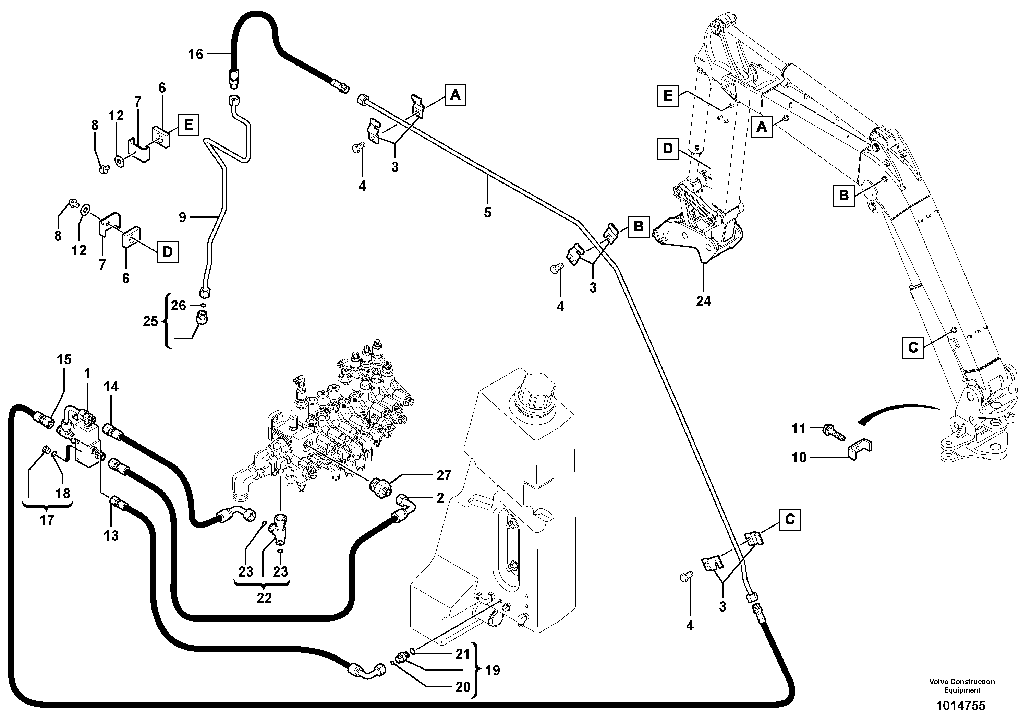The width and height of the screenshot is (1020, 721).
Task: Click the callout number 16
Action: click(x=195, y=54)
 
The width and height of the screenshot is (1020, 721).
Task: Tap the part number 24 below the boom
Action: click(x=703, y=302)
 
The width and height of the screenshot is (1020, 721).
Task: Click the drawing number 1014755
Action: click(x=960, y=706)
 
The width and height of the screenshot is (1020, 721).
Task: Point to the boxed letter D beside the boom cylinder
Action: click(x=668, y=149)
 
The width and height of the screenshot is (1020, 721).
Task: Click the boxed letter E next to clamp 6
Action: click(x=189, y=125)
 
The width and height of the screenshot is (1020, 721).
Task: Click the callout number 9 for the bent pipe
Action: click(x=182, y=217)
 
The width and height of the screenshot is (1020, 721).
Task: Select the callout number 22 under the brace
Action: click(x=264, y=598)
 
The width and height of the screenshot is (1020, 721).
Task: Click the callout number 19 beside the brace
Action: click(x=492, y=670)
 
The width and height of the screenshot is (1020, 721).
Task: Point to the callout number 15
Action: click(x=64, y=359)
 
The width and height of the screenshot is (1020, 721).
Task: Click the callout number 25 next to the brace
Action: click(x=150, y=321)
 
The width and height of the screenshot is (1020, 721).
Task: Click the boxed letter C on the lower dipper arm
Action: click(x=912, y=347)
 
